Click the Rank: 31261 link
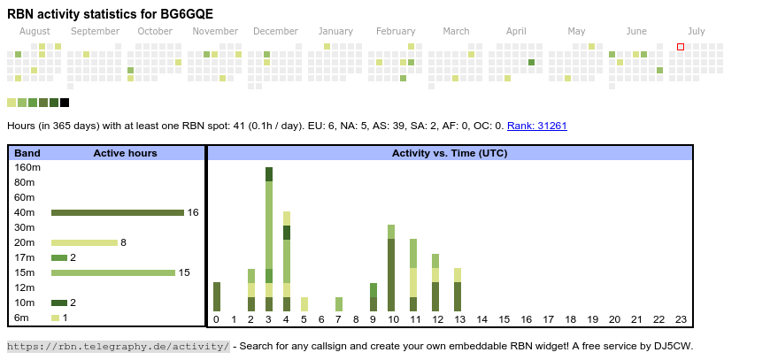tap(537, 126)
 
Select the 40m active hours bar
tap(117, 212)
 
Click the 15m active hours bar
tap(112, 272)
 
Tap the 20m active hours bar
tap(84, 242)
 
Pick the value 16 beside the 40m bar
tap(193, 212)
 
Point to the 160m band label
tap(28, 167)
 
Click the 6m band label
tap(21, 318)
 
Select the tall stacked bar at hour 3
tap(268, 239)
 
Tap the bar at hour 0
tap(217, 296)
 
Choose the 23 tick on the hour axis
tap(681, 319)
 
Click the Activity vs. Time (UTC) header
tap(450, 153)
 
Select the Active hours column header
tap(125, 153)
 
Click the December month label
tap(275, 31)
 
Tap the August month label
tap(35, 31)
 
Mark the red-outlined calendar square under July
tap(681, 47)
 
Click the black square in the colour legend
tap(65, 103)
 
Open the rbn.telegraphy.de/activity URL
tap(118, 346)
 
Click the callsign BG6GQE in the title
tap(184, 14)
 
